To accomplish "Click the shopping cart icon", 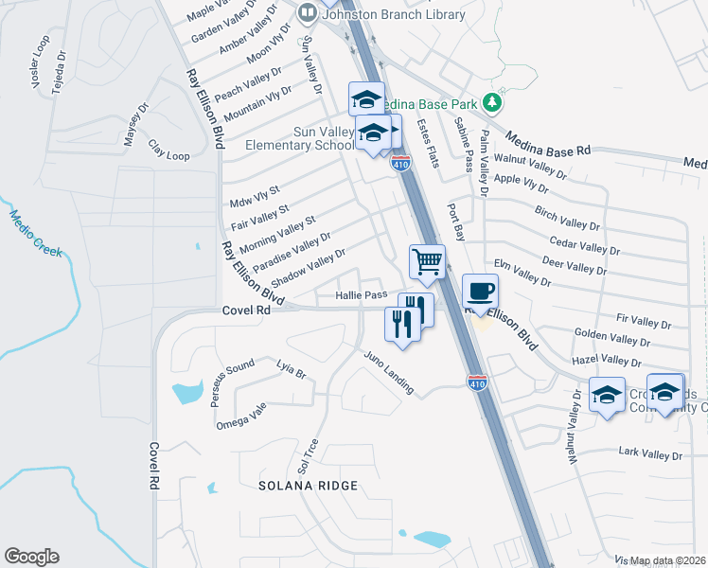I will click(x=427, y=260).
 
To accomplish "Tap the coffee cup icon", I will click(x=480, y=291).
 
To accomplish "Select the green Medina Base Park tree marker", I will click(x=490, y=101).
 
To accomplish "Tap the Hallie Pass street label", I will click(x=362, y=295).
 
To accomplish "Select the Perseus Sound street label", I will click(x=233, y=379).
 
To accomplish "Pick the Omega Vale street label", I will click(x=241, y=415).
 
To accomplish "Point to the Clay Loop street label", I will click(x=168, y=151).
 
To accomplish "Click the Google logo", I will click(x=31, y=557).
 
